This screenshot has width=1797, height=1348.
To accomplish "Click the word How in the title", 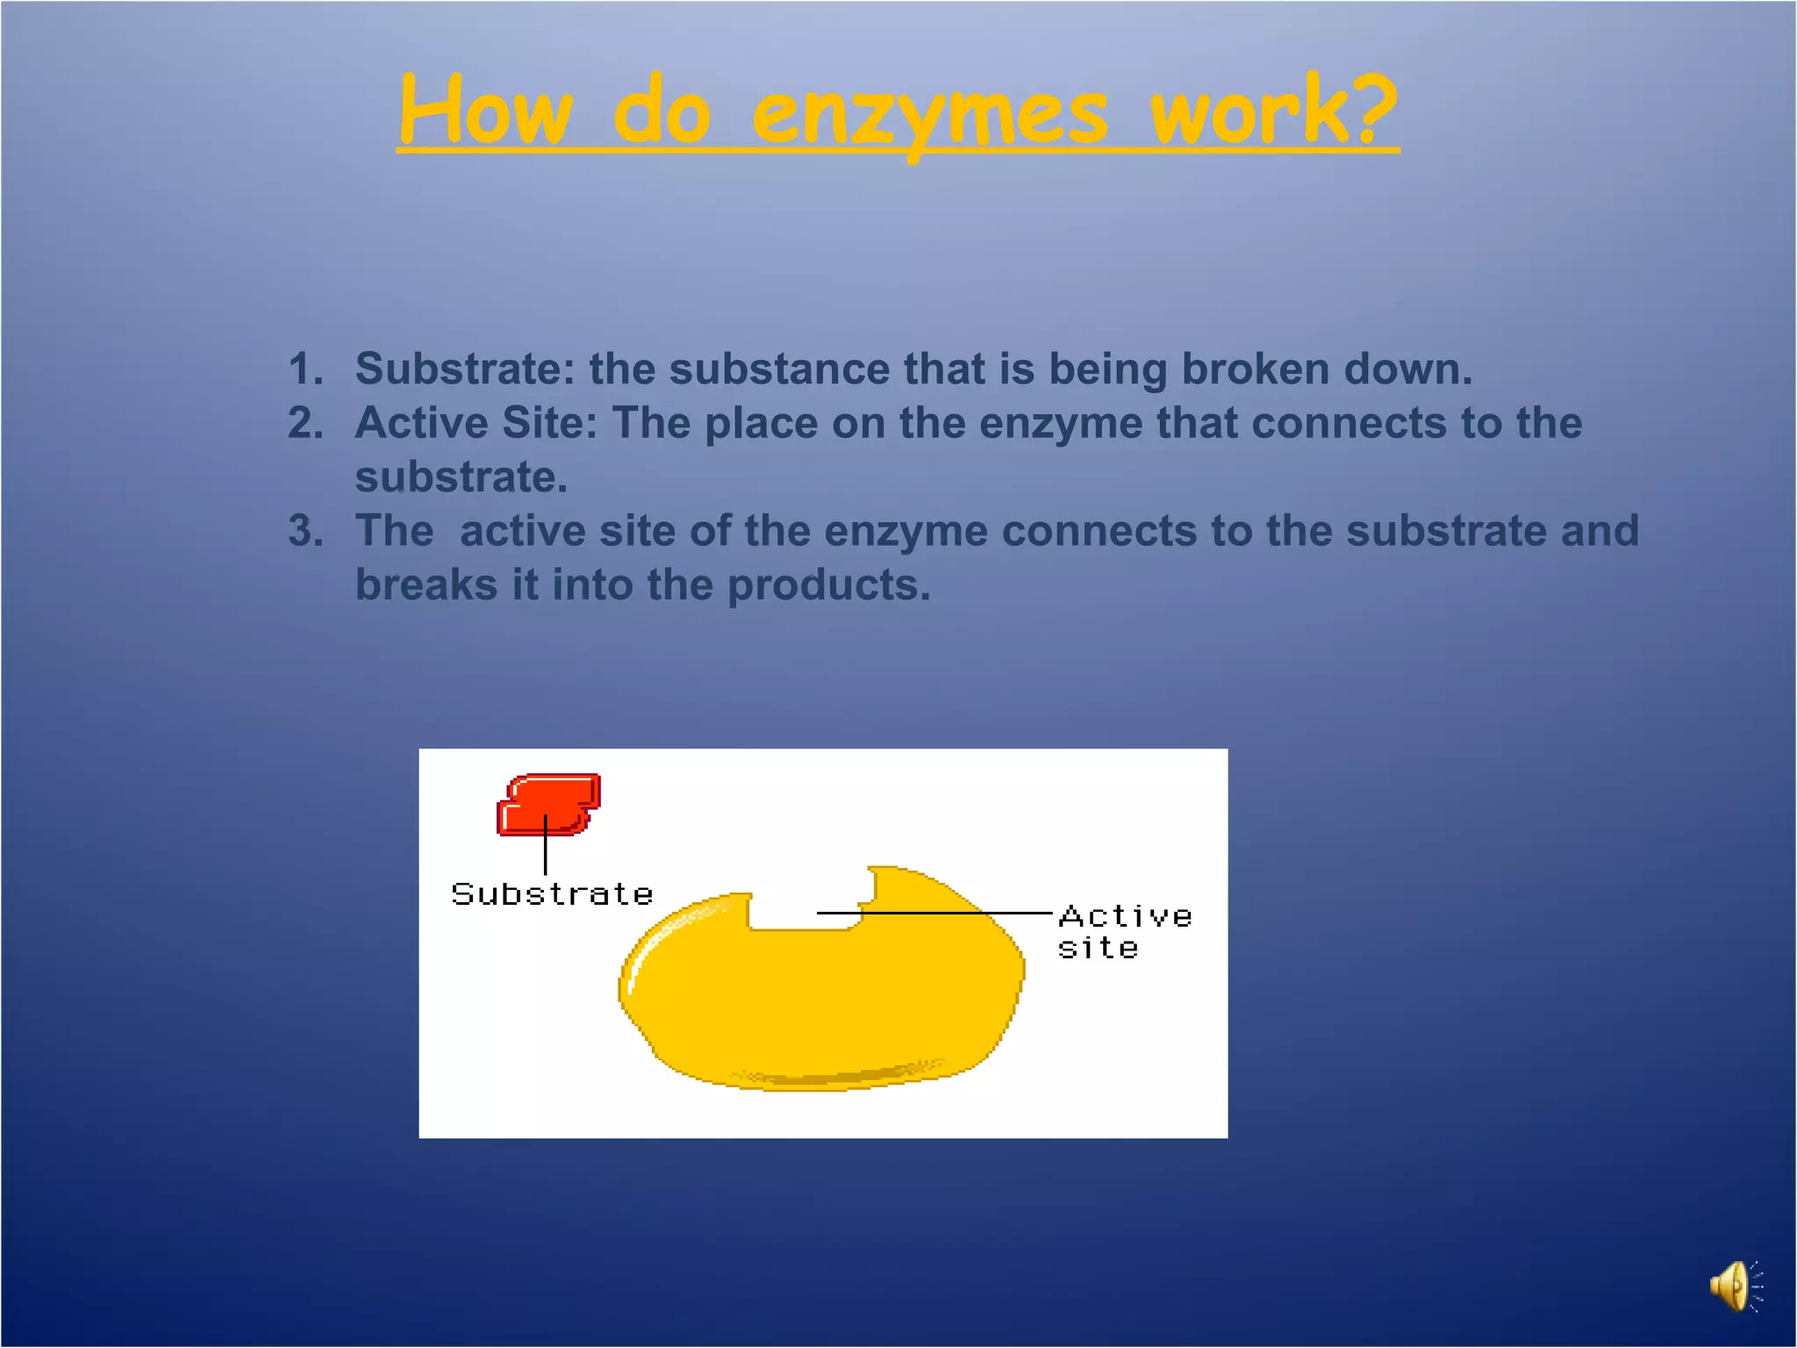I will pyautogui.click(x=485, y=112).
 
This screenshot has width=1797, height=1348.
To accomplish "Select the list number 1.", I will pyautogui.click(x=305, y=369).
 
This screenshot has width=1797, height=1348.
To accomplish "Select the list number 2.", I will pyautogui.click(x=305, y=423).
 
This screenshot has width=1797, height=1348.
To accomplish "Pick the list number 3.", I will pyautogui.click(x=305, y=531).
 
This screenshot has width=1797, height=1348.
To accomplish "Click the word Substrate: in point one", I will pyautogui.click(x=465, y=369).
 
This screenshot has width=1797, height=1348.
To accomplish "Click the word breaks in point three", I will pyautogui.click(x=426, y=585).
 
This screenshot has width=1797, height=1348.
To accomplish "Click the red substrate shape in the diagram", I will pyautogui.click(x=549, y=803).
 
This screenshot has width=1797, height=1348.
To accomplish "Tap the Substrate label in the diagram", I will pyautogui.click(x=552, y=894).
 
